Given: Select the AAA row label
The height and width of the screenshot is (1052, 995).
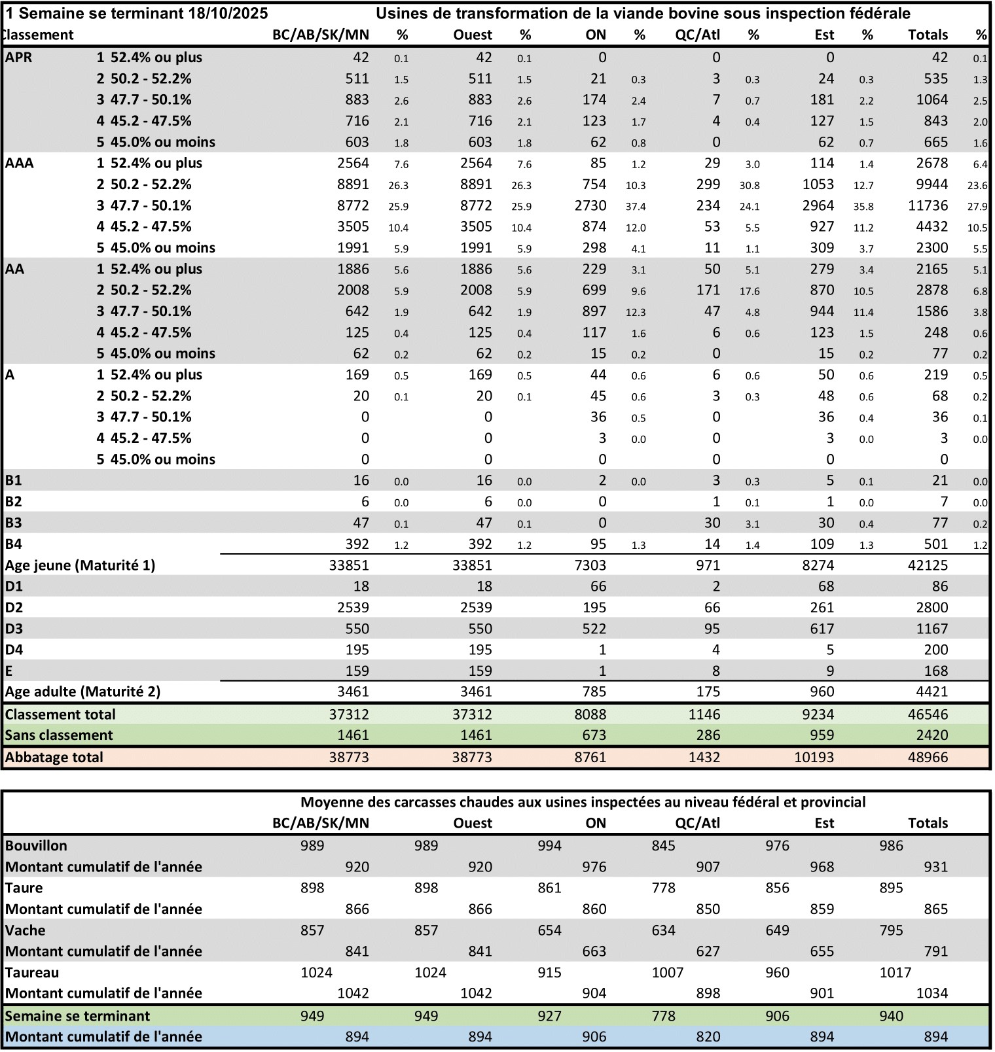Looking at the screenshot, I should pos(20,164).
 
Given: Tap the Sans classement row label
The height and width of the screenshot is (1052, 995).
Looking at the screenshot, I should pos(59,735).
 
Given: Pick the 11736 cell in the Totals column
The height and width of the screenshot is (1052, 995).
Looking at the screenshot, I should pos(928,206).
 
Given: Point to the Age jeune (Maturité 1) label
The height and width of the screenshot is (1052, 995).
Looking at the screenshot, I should pos(80,565).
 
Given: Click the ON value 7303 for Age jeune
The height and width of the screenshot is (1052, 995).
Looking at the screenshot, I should pos(590,565).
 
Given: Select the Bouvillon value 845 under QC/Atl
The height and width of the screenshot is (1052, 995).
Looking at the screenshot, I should pos(663,846).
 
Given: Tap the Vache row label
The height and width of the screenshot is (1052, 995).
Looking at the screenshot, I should pos(24,930).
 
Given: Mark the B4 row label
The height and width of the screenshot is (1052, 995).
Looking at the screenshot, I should pos(14,544).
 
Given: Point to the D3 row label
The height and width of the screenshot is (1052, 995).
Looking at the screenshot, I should pos(14,629).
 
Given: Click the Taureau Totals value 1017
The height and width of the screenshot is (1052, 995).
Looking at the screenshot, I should pos(895,973).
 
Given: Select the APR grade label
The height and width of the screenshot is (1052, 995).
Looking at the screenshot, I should pos(18,58).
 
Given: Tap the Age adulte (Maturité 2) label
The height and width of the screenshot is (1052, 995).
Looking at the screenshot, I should pos(82,692).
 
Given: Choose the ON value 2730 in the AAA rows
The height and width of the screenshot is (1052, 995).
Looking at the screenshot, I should pos(590,206).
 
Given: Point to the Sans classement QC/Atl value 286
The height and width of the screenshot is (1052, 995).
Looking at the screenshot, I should pos(708,735).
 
